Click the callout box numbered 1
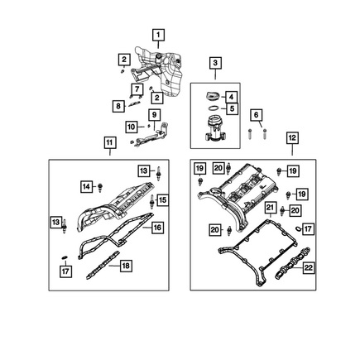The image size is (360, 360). click(x=158, y=35)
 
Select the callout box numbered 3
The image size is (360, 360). click(x=215, y=63)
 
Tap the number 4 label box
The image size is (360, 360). click(x=231, y=97)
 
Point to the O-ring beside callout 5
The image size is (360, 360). click(x=214, y=108)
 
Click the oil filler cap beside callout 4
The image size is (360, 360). click(x=213, y=97)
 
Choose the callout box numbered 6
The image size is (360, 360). click(x=257, y=115)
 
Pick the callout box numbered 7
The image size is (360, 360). click(x=137, y=89)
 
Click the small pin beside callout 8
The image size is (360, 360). click(x=133, y=104)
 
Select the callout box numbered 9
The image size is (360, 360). click(x=154, y=114)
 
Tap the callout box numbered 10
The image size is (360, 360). click(x=132, y=127)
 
